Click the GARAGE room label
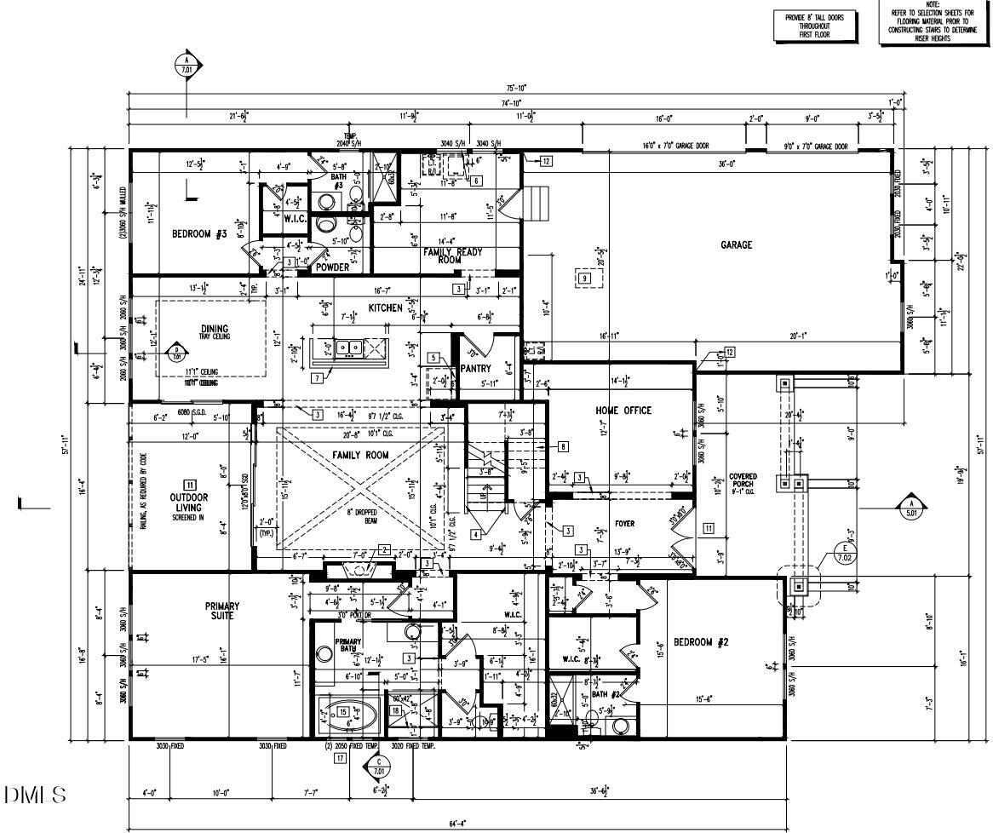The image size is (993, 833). pyautogui.click(x=737, y=245)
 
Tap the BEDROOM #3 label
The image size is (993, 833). pyautogui.click(x=199, y=234)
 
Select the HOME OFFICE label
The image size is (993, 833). pyautogui.click(x=623, y=411)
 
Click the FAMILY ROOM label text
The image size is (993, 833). pyautogui.click(x=360, y=456)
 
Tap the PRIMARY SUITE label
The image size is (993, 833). pyautogui.click(x=222, y=611)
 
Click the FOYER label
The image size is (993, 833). pyautogui.click(x=624, y=525)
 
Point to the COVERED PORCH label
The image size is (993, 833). pyautogui.click(x=743, y=481)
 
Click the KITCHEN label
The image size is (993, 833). pyautogui.click(x=385, y=307)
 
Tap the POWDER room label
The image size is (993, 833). pyautogui.click(x=332, y=267)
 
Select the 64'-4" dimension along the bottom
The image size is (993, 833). pyautogui.click(x=458, y=824)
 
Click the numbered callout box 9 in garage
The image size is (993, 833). pyautogui.click(x=584, y=278)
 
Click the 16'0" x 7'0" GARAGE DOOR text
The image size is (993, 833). pyautogui.click(x=675, y=146)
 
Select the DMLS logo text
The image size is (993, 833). pyautogui.click(x=34, y=796)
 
